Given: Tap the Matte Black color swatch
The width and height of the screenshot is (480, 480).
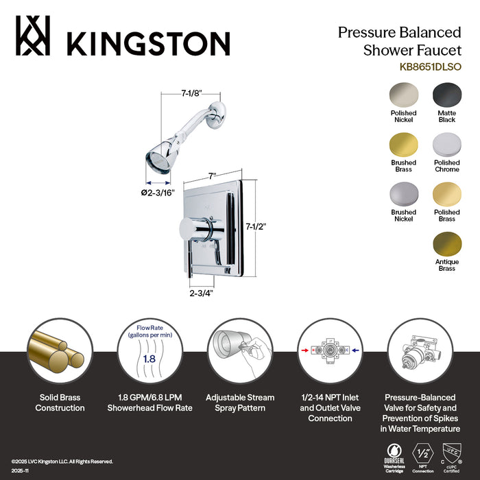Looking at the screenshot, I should click(x=446, y=95).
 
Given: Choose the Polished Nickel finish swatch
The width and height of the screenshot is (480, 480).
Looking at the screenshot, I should click(x=403, y=95).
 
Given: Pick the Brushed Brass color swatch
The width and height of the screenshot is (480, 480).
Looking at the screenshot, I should click(x=403, y=145).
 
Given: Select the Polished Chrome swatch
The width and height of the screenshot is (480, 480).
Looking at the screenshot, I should click(x=446, y=145).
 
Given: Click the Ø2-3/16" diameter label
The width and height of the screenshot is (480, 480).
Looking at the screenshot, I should click(x=158, y=192).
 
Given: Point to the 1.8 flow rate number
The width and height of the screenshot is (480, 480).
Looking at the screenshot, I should click(x=149, y=358).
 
